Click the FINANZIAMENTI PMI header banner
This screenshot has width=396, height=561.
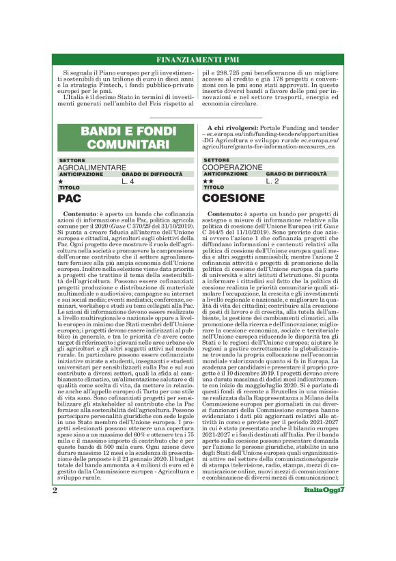point(197,60)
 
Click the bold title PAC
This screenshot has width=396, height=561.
point(70,198)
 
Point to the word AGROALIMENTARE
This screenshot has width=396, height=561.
point(91,167)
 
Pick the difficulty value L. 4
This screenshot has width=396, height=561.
point(128,181)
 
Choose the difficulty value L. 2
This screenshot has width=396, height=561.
point(272,181)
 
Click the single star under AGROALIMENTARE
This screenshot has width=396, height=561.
point(61,181)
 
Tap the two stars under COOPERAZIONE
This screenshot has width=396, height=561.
point(208,181)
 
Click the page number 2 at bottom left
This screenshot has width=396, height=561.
point(55,529)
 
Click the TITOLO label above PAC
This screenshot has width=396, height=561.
point(70,187)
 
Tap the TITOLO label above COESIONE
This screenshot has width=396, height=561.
point(214,187)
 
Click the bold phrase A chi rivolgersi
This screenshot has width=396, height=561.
point(232,128)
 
